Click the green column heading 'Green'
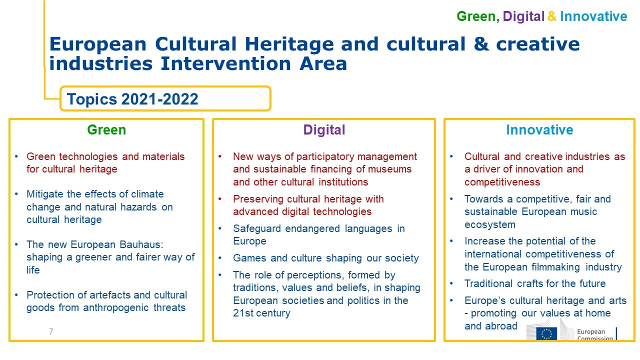pos(106,130)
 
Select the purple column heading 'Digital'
pos(324,130)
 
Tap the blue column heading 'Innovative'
pos(539,130)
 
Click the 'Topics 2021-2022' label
pos(132,99)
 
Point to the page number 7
pos(51,331)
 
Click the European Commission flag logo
pos(546,333)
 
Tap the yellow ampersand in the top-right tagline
pos(552,16)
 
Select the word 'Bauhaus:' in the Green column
pos(141,244)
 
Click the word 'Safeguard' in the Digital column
pos(257,229)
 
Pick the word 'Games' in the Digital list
pos(249,258)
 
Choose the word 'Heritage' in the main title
pos(289,44)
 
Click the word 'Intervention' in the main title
pos(225,63)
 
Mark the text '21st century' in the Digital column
pos(261,313)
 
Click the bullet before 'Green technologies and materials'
pos(16,156)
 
